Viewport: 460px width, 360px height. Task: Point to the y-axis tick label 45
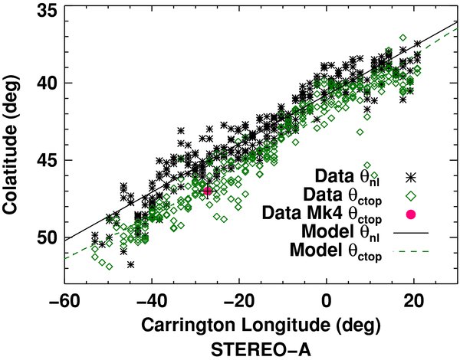(x=41, y=160)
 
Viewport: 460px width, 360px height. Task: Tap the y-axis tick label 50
(x=41, y=237)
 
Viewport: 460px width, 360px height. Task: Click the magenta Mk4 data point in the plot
(x=207, y=191)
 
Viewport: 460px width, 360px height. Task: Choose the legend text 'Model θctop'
(x=337, y=251)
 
